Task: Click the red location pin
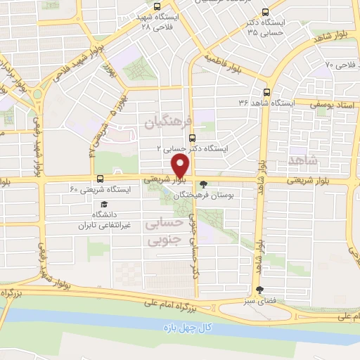coord(181,166)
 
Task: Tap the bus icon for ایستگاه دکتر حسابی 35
coord(264,12)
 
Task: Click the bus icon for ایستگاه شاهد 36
coord(266,92)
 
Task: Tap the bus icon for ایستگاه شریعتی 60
coord(100,179)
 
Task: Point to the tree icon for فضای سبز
coord(259,290)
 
